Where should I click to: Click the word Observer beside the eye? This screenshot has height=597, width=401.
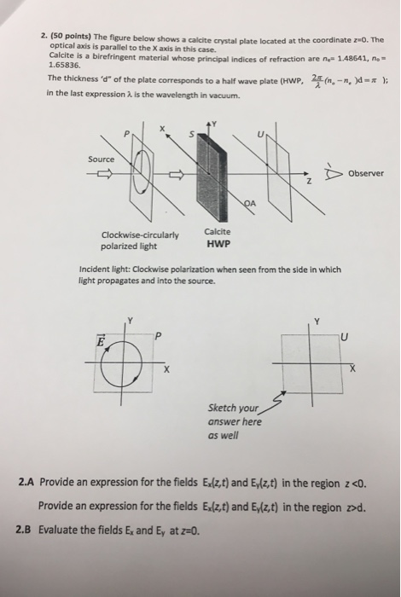click(363, 173)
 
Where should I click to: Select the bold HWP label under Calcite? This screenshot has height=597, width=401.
click(216, 242)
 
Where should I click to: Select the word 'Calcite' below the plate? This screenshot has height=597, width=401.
click(216, 231)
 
